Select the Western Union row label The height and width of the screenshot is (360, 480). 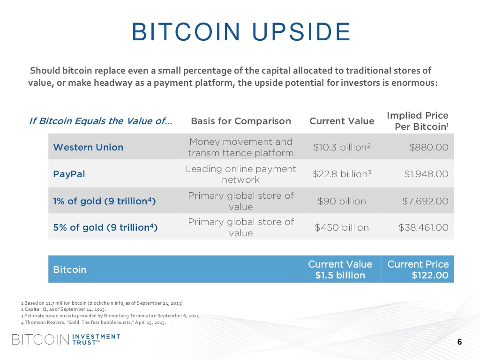[x=88, y=147]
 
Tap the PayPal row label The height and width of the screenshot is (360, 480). [x=69, y=174]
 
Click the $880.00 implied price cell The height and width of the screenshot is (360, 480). [x=428, y=147]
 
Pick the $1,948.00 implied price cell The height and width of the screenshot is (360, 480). [x=426, y=174]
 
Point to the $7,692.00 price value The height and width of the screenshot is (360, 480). [x=425, y=201]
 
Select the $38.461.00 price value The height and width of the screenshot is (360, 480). [x=423, y=227]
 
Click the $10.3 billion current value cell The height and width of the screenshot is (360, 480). [x=342, y=147]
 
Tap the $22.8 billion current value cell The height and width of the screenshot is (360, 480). [x=342, y=174]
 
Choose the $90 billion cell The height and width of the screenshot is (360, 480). [x=342, y=201]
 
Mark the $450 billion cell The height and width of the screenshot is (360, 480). [x=342, y=227]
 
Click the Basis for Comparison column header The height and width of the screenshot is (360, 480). [x=241, y=121]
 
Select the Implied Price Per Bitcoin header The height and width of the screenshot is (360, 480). [x=417, y=121]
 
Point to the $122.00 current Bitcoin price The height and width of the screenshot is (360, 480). [x=430, y=275]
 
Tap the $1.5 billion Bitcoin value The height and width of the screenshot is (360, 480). [x=340, y=275]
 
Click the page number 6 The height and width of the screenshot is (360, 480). [x=459, y=342]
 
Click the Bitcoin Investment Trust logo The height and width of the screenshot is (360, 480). [x=66, y=339]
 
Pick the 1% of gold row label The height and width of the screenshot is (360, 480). [x=105, y=201]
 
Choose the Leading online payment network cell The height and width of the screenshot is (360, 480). [x=241, y=174]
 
